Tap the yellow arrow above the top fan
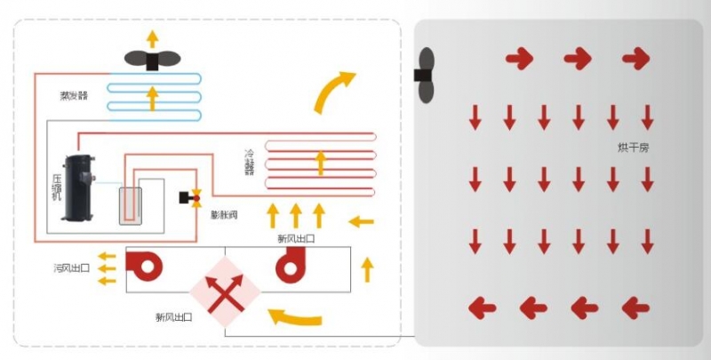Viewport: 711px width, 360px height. pyautogui.click(x=152, y=37)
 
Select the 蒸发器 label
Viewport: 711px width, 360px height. pyautogui.click(x=74, y=94)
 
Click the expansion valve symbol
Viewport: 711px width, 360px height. pyautogui.click(x=191, y=197)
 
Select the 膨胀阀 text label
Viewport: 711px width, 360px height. pyautogui.click(x=223, y=216)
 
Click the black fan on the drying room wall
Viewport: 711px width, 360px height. pyautogui.click(x=427, y=74)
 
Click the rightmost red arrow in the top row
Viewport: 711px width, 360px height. pyautogui.click(x=635, y=60)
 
